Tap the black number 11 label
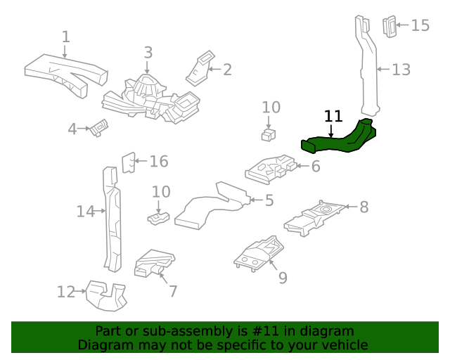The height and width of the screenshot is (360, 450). point(333,117)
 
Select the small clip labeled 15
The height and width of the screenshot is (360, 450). point(389,26)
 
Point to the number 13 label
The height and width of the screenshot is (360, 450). point(401,70)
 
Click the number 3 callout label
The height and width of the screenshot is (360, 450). point(148,53)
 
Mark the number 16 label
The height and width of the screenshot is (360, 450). point(159,162)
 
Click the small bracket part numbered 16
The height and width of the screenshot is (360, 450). point(128,162)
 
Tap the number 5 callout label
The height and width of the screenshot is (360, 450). point(269,200)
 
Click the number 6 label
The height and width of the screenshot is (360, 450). point(316,167)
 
